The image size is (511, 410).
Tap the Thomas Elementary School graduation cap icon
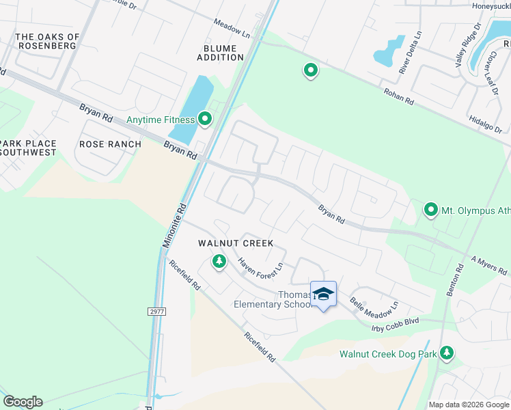click(x=323, y=295)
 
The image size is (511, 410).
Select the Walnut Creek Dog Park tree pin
click(x=446, y=352)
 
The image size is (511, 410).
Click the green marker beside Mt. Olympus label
click(x=430, y=209)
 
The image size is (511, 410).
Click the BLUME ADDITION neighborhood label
click(x=220, y=53)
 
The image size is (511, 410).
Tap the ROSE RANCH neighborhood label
click(x=110, y=144)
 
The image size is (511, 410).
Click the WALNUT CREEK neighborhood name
click(x=236, y=243)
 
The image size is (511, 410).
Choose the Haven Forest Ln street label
click(x=260, y=267)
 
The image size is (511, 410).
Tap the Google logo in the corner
click(x=23, y=401)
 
